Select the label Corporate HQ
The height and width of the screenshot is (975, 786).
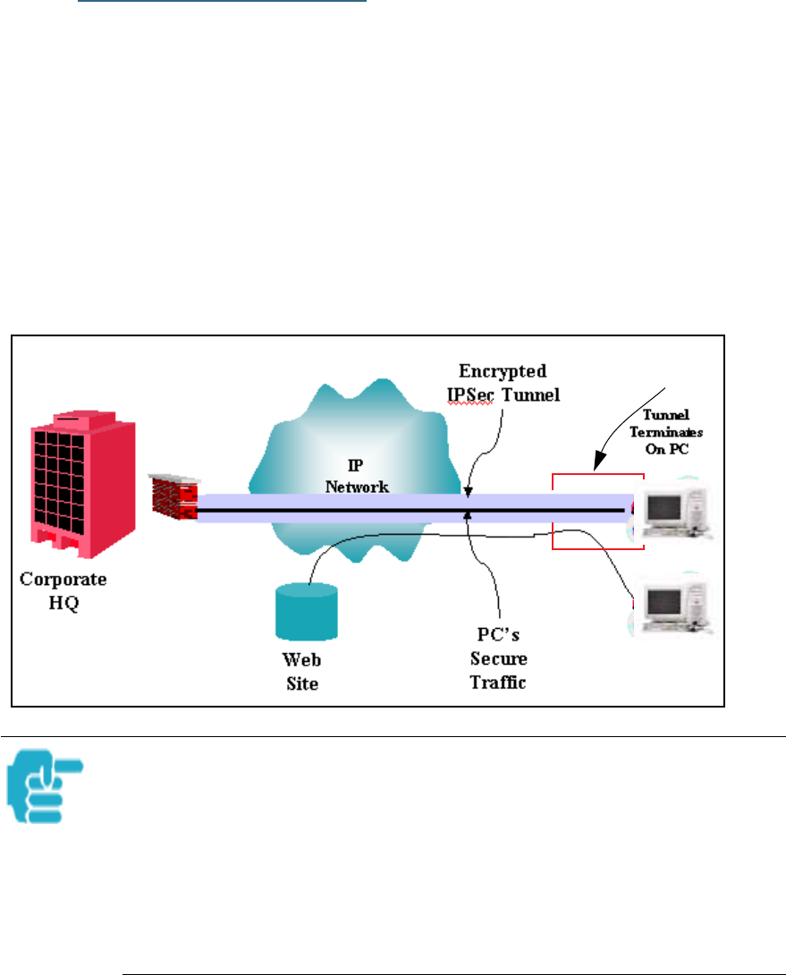(63, 589)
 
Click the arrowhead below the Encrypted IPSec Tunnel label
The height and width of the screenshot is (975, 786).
(467, 491)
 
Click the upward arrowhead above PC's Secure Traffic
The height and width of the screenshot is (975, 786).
(468, 517)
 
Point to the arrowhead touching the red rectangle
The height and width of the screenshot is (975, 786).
(595, 466)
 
